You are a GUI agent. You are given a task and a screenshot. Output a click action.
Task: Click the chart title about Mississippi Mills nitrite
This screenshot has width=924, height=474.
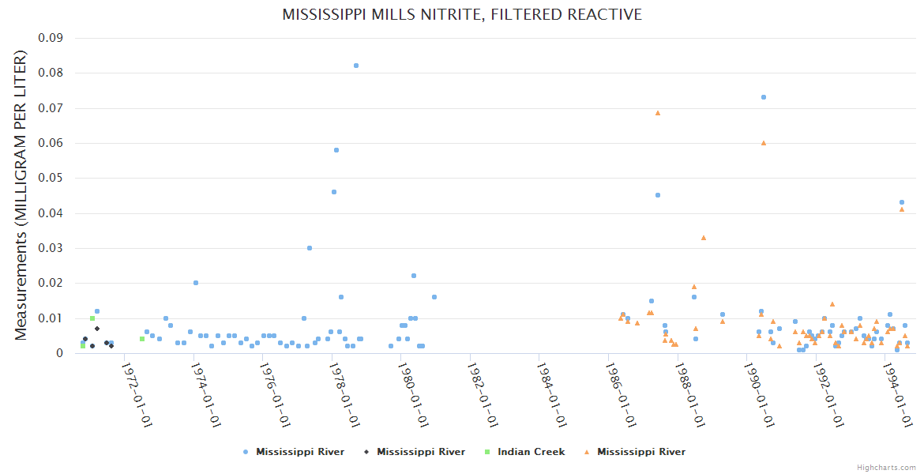462,15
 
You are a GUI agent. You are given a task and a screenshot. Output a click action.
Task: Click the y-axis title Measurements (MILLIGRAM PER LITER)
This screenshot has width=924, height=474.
21,195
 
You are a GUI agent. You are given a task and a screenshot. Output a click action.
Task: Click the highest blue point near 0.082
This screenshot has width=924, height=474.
356,66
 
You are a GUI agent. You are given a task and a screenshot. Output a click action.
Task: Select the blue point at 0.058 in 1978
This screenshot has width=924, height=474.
336,149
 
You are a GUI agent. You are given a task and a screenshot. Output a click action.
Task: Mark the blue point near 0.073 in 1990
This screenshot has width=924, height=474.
764,97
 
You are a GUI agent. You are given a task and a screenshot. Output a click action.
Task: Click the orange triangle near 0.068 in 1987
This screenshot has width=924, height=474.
658,113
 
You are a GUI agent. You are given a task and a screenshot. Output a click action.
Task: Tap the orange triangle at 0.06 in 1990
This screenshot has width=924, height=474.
764,143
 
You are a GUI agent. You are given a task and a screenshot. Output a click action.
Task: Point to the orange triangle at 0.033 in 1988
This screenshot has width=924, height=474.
704,237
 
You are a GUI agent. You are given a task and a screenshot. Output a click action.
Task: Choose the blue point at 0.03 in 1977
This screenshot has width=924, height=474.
310,248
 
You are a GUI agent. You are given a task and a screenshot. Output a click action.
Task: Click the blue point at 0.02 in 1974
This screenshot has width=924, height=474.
196,283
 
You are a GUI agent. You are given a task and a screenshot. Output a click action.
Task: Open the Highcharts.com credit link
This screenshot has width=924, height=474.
886,468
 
